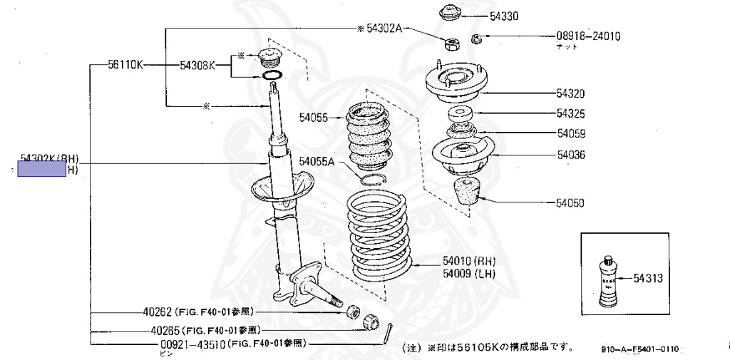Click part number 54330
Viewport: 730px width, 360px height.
pos(504,14)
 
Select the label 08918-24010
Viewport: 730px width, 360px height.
pos(588,36)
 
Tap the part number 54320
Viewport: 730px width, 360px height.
pos(570,93)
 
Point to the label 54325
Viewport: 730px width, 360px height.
pos(570,113)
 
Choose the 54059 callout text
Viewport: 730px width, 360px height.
pos(570,133)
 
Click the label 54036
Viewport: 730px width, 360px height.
pos(570,154)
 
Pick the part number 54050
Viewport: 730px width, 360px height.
pos(570,203)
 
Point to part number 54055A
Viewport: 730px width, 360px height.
pos(317,162)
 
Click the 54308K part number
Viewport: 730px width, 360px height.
pos(197,66)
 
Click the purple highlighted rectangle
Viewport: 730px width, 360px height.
pos(41,169)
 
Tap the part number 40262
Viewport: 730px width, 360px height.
pos(158,312)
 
